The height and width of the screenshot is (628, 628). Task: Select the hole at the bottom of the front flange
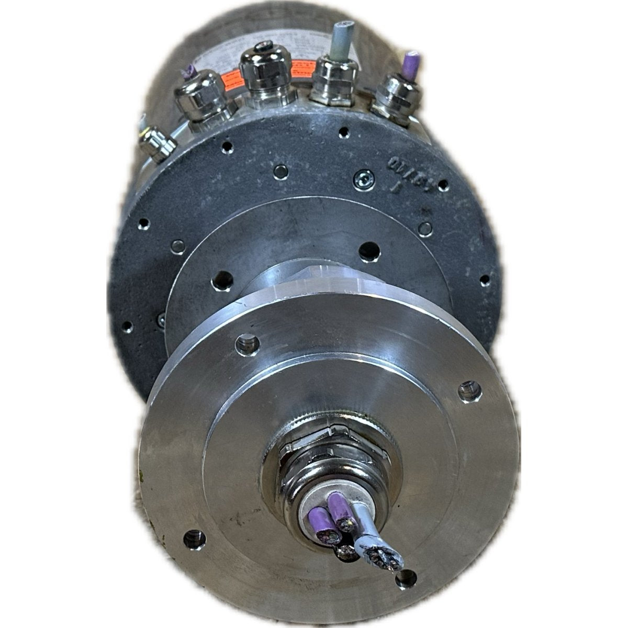406,578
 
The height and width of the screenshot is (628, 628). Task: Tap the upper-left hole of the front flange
248,343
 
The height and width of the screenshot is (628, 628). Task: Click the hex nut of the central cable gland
335,455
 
